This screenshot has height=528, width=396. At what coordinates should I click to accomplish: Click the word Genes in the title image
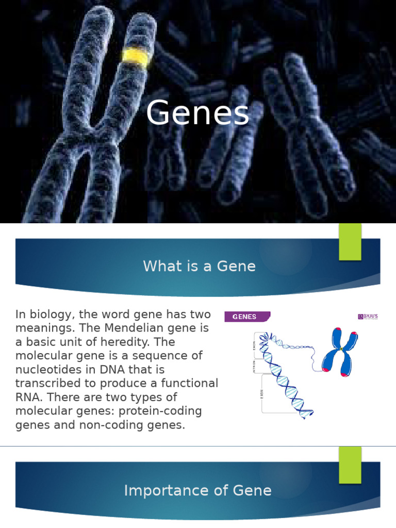pyautogui.click(x=197, y=114)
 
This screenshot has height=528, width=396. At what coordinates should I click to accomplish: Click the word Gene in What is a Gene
pyautogui.click(x=237, y=266)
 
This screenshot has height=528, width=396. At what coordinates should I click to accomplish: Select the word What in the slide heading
pyautogui.click(x=158, y=266)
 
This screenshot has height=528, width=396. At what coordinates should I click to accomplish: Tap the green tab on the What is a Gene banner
pyautogui.click(x=350, y=242)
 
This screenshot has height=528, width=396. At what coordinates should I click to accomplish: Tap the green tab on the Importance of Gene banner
pyautogui.click(x=350, y=465)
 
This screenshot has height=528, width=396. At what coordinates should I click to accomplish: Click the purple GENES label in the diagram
pyautogui.click(x=246, y=317)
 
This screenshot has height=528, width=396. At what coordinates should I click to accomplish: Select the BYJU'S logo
pyautogui.click(x=369, y=317)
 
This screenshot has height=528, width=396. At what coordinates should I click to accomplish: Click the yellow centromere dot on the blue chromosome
pyautogui.click(x=341, y=350)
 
